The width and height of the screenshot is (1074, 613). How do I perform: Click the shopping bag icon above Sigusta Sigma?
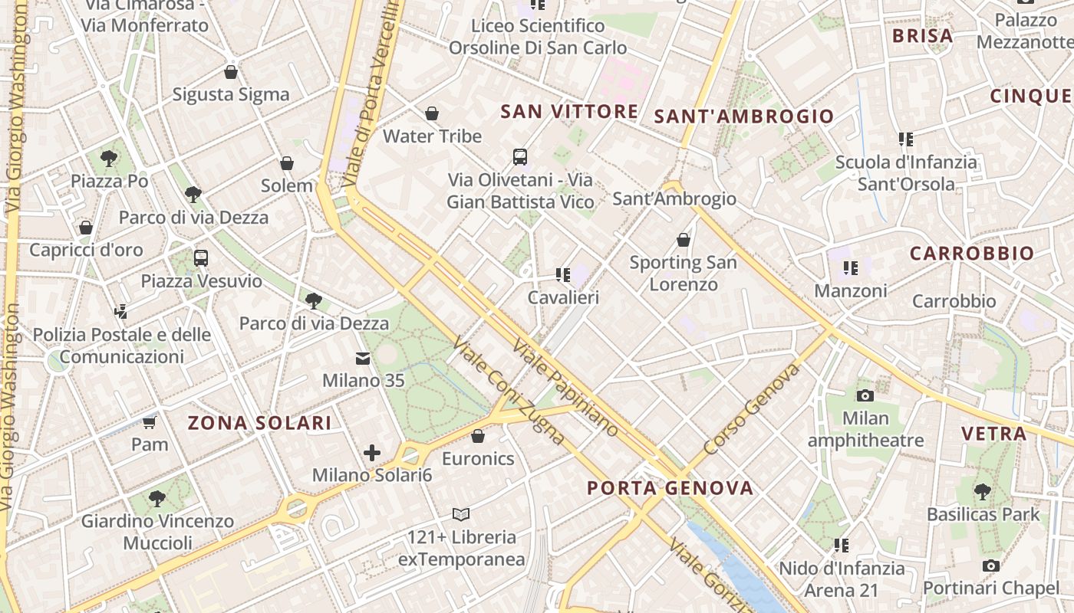tap(231, 72)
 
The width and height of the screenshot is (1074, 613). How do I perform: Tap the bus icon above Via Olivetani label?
tap(520, 157)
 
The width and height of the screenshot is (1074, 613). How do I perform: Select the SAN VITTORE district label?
tap(569, 112)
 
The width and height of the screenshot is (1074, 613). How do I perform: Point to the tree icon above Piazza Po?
tap(109, 159)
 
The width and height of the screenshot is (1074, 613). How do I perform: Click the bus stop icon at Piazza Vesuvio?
tap(201, 257)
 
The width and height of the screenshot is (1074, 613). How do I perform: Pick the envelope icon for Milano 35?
tap(362, 358)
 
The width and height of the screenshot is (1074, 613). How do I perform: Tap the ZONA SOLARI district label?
tap(260, 423)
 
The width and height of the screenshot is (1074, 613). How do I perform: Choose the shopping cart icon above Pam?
tap(150, 422)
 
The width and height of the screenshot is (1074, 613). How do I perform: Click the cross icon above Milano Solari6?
tap(372, 453)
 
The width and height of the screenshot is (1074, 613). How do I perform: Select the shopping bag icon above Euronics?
tap(478, 436)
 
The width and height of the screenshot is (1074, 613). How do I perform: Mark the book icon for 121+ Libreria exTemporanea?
tap(461, 514)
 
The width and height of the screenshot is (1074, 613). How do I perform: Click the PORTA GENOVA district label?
tap(670, 488)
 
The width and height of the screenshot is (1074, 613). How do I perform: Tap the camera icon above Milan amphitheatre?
tap(865, 395)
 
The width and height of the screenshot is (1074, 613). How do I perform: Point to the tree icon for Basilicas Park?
tap(983, 491)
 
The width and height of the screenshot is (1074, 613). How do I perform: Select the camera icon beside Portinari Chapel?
tap(991, 566)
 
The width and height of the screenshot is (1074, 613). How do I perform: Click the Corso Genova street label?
tap(752, 408)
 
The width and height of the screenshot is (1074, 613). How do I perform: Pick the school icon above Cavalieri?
tap(563, 274)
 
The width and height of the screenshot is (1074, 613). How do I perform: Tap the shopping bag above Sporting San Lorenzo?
tap(684, 240)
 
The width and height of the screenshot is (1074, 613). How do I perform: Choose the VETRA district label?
tap(994, 434)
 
